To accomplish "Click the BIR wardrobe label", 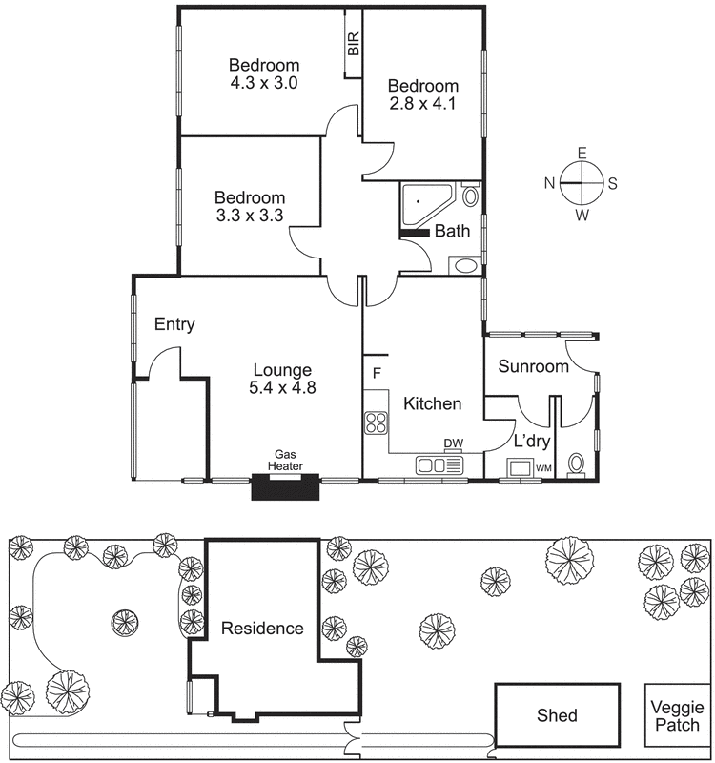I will pyautogui.click(x=353, y=44).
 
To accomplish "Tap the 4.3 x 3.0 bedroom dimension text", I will pyautogui.click(x=264, y=83).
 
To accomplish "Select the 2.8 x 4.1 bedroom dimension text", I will pyautogui.click(x=422, y=104).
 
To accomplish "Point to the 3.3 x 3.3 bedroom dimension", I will pyautogui.click(x=250, y=216).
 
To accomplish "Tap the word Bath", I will pyautogui.click(x=452, y=231).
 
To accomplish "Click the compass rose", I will pyautogui.click(x=581, y=182).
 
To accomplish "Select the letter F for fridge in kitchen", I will pyautogui.click(x=377, y=372).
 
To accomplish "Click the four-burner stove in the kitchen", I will pyautogui.click(x=376, y=422).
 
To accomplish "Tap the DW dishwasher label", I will pyautogui.click(x=454, y=443).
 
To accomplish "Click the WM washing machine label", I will pyautogui.click(x=543, y=468).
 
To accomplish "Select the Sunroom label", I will pyautogui.click(x=534, y=366).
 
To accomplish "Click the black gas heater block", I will pyautogui.click(x=284, y=487).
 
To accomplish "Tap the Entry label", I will pyautogui.click(x=174, y=324).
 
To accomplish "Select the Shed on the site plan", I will pyautogui.click(x=557, y=715).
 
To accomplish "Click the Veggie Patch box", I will pyautogui.click(x=677, y=715).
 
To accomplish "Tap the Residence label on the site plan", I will pyautogui.click(x=262, y=629).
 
